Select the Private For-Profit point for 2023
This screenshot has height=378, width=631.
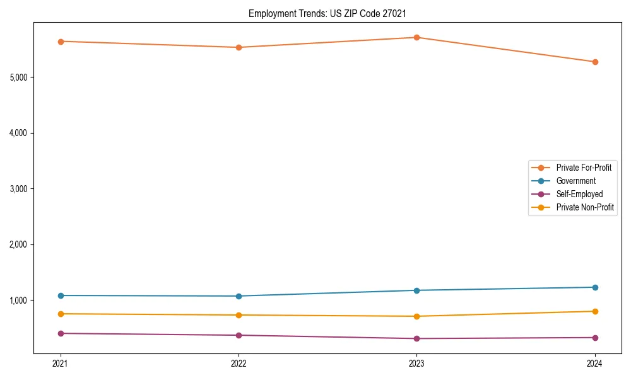[416, 37]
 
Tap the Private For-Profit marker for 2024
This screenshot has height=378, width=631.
[595, 62]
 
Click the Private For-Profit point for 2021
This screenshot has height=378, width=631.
[61, 42]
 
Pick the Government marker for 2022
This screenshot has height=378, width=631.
[239, 296]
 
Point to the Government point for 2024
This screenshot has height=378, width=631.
[595, 287]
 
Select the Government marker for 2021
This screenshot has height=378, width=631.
[61, 295]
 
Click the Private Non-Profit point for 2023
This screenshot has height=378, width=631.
[416, 316]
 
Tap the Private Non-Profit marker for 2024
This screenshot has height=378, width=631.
[595, 311]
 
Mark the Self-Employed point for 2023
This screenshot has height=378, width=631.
[416, 338]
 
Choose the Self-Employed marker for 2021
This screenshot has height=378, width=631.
[61, 333]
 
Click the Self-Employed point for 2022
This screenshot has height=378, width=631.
[239, 335]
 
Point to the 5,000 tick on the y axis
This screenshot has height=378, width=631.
[20, 77]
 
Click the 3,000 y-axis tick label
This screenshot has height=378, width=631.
[20, 189]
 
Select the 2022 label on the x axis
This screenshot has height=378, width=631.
[239, 363]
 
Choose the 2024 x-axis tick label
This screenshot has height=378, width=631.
[595, 363]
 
